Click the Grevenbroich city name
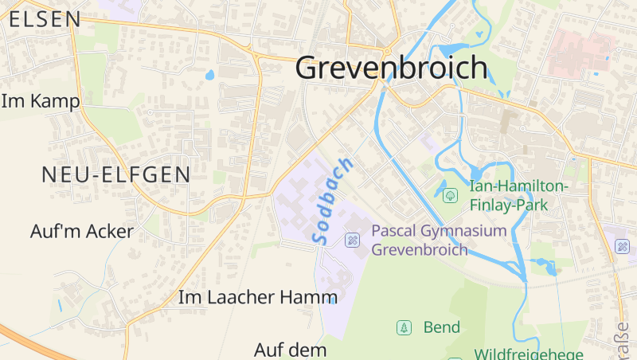pyautogui.click(x=391, y=68)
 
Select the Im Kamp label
pyautogui.click(x=41, y=102)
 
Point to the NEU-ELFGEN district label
pyautogui.click(x=116, y=174)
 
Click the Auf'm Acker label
pyautogui.click(x=82, y=232)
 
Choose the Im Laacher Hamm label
pyautogui.click(x=259, y=298)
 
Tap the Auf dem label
pyautogui.click(x=291, y=350)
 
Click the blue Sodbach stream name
pyautogui.click(x=333, y=201)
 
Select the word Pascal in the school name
pyautogui.click(x=399, y=232)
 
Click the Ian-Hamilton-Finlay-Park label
pyautogui.click(x=518, y=194)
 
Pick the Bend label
pyautogui.click(x=442, y=327)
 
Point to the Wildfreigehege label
pyautogui.click(x=529, y=354)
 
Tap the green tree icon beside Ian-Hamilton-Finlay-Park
pyautogui.click(x=450, y=194)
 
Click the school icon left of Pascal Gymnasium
pyautogui.click(x=351, y=240)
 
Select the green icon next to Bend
pyautogui.click(x=404, y=327)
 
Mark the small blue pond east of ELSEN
pyautogui.click(x=210, y=76)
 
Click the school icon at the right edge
pyautogui.click(x=623, y=246)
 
